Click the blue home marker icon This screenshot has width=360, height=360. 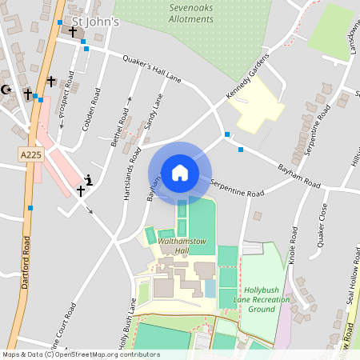point(180,173)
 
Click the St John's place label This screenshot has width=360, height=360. point(95,21)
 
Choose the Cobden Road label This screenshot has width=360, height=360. point(90,113)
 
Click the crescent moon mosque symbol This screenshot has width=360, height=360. point(7,90)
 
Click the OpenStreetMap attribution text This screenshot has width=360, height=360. point(80,354)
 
